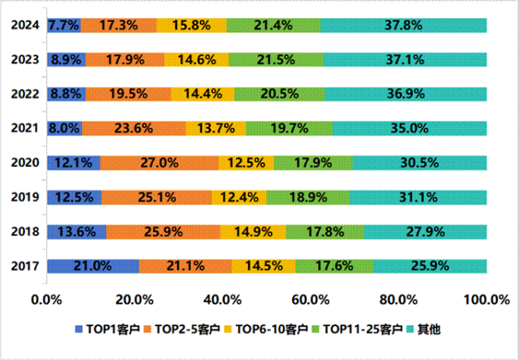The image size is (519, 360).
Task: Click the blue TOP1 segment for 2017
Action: click(x=92, y=266)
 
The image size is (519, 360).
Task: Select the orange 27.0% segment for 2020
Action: click(x=159, y=162)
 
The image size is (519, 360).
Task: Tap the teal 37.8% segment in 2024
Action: click(x=403, y=25)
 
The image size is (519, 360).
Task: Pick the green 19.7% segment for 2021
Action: click(x=289, y=127)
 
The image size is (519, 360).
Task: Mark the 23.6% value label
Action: click(x=134, y=128)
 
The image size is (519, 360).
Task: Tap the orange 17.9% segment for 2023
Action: click(x=125, y=59)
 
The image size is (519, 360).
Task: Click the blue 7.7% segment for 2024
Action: click(x=64, y=25)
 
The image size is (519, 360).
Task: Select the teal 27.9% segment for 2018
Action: click(x=425, y=232)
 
